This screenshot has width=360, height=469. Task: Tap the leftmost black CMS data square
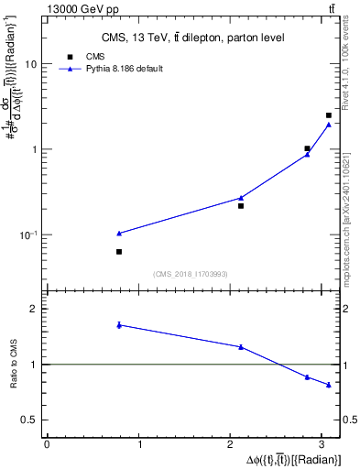119,252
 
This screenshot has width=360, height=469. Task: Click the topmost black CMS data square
328,115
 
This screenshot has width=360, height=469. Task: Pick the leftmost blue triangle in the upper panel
119,234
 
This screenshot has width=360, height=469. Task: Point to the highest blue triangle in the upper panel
328,125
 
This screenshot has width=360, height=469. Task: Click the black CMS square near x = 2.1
241,206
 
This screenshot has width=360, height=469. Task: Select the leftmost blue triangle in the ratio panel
119,325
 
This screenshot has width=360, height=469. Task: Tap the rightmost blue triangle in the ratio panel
328,385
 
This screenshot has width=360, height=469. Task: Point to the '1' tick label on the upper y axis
34,150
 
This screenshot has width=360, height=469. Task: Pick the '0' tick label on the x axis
46,444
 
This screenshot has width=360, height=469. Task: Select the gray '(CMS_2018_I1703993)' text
191,274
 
